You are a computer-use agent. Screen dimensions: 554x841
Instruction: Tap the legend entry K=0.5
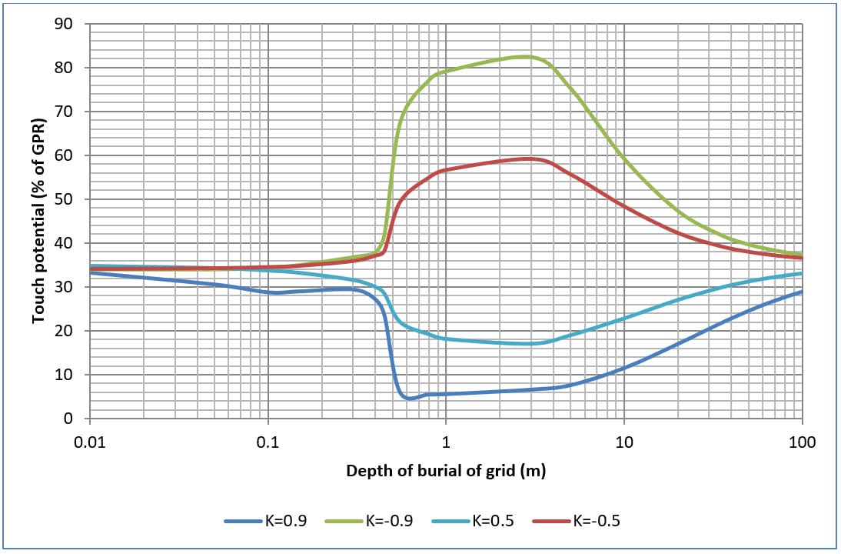coord(504,521)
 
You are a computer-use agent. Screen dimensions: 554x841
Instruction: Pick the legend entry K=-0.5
coord(596,521)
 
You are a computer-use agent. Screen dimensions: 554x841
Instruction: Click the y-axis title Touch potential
coord(38,221)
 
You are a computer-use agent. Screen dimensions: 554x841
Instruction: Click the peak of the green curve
coord(525,56)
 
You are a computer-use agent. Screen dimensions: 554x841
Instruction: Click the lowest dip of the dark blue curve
coord(410,399)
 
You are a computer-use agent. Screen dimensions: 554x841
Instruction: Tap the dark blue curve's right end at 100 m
coord(802,292)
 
